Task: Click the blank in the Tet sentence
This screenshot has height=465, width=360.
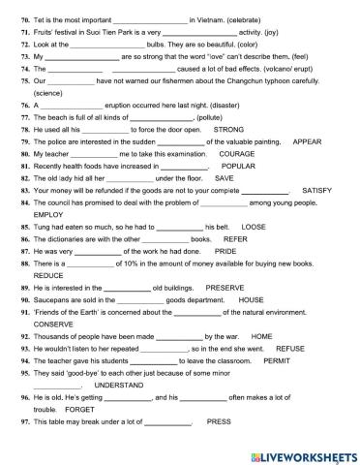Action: pyautogui.click(x=149, y=18)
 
